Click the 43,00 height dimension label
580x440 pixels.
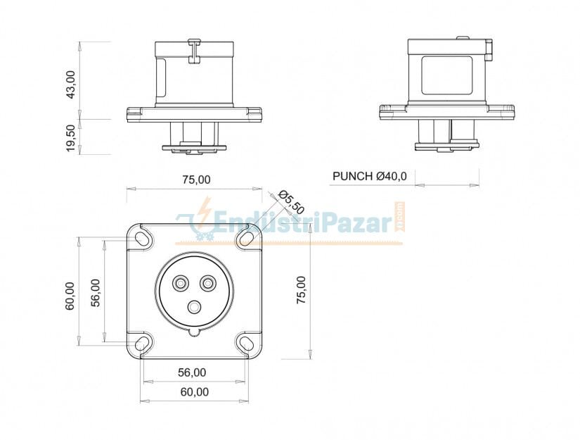point(71,84)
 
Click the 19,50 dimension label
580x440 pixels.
point(71,137)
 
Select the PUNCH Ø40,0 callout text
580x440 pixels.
point(370,176)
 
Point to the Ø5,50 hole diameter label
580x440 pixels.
point(291,202)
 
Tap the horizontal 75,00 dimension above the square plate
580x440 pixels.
point(196,180)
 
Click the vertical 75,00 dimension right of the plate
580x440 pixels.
point(300,290)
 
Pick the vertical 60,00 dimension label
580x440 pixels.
point(70,296)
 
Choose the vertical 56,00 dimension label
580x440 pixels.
point(96,292)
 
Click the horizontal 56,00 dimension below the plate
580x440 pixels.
point(192,372)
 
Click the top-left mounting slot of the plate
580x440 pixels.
point(143,239)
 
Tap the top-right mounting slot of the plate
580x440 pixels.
point(246,239)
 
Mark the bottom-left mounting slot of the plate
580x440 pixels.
point(143,344)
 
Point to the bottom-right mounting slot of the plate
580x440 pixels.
point(246,344)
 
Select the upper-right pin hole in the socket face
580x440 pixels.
point(207,283)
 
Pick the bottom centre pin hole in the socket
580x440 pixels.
point(194,306)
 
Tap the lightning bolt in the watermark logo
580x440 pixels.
point(205,212)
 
